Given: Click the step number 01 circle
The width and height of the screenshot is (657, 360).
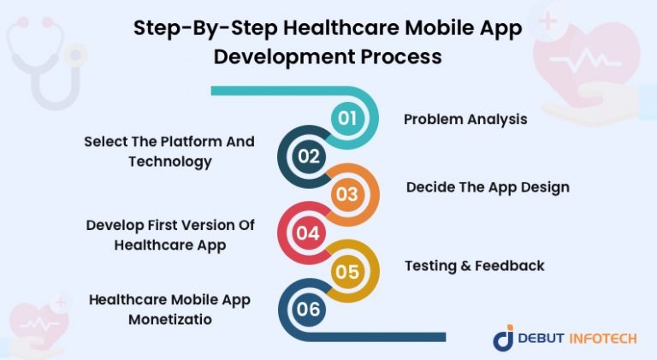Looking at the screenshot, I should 346,118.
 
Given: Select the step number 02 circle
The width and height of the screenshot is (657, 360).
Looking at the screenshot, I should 309,156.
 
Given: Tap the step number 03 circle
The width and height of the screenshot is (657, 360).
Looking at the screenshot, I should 346,194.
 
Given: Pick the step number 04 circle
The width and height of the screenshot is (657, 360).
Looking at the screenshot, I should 309,233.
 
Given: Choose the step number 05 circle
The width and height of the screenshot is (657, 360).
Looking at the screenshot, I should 346,271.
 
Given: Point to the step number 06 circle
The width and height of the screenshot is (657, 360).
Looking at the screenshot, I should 309,309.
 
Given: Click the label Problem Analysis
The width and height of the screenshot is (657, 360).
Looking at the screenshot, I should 465,119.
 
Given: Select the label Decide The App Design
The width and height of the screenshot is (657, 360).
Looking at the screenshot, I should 488,186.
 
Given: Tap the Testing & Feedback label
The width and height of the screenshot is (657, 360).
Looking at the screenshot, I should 474,265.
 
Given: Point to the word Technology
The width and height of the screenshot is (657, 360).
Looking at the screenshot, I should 170,161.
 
